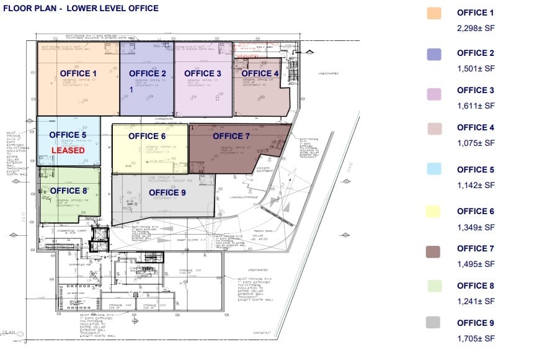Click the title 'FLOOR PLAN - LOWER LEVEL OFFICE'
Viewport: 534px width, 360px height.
81,9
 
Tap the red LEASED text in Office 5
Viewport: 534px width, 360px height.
68,150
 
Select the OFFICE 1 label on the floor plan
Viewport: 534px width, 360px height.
79,73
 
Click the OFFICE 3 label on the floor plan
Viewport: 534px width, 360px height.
203,73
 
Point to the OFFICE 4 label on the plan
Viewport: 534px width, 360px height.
260,73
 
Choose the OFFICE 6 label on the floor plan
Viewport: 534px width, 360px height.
147,136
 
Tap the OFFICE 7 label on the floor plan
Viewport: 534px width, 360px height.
231,136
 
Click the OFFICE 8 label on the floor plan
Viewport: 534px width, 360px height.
68,191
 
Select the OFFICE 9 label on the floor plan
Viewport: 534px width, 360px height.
167,192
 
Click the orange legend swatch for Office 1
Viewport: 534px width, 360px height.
434,14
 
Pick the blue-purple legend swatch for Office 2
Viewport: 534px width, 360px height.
434,54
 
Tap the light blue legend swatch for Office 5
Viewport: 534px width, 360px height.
434,169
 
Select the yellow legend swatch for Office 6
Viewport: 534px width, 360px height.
434,212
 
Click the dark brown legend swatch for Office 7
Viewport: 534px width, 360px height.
434,251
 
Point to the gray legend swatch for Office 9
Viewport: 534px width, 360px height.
434,322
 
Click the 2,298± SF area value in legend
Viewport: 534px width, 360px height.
476,28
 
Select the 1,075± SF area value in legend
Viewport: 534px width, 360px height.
476,143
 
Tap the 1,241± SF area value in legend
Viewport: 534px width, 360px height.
476,301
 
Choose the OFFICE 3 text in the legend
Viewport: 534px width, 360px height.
476,90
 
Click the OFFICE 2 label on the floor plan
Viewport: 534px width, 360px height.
148,73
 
